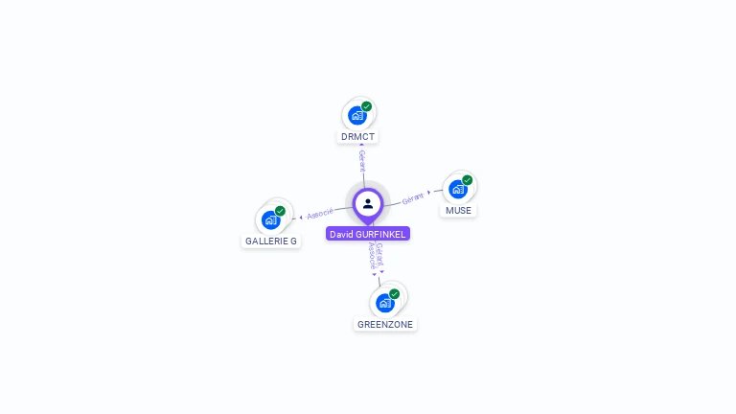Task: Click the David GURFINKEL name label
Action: click(x=368, y=234)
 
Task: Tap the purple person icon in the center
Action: click(x=368, y=203)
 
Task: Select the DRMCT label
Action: click(x=357, y=137)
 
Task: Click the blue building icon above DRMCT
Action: click(x=357, y=116)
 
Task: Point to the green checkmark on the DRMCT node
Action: click(x=367, y=106)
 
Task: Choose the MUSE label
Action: click(x=458, y=211)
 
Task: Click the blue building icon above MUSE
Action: click(x=458, y=190)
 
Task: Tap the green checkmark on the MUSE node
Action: click(x=468, y=180)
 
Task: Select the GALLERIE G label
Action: click(x=271, y=241)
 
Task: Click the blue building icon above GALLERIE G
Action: click(x=271, y=220)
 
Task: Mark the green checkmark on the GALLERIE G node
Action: click(x=280, y=211)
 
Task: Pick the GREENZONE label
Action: click(x=385, y=325)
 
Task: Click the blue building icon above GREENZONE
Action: click(x=385, y=304)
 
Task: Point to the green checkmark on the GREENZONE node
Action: click(x=395, y=294)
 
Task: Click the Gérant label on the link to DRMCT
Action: click(x=361, y=160)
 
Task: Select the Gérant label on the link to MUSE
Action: click(x=413, y=198)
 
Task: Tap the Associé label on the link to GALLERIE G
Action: click(x=320, y=213)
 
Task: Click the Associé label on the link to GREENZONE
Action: click(x=372, y=255)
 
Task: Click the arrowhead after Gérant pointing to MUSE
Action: click(x=429, y=193)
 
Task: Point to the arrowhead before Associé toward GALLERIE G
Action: click(x=301, y=218)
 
